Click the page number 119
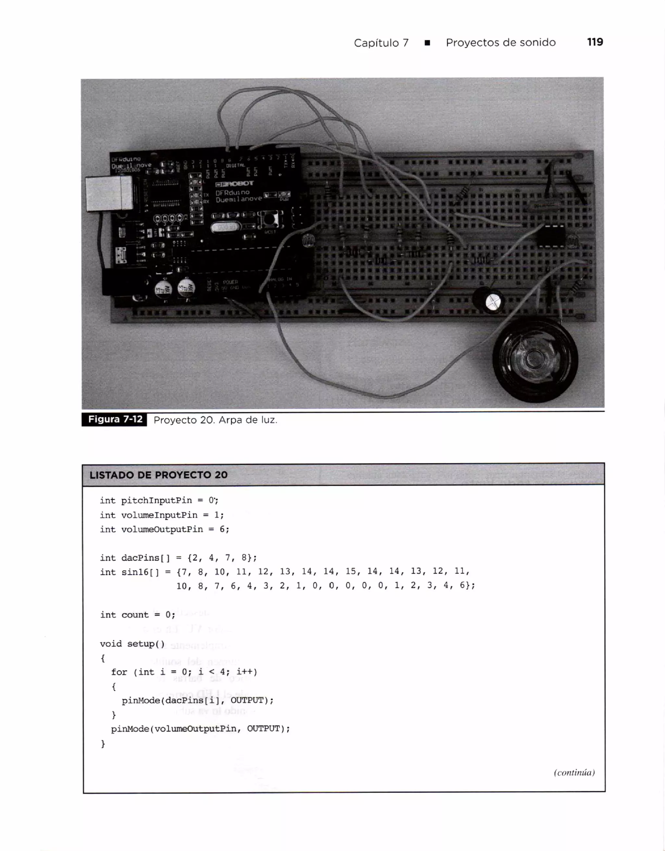click(x=595, y=42)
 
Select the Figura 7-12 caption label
click(x=115, y=419)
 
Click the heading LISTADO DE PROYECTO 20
click(x=158, y=475)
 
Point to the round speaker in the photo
click(x=535, y=359)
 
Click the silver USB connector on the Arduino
click(x=109, y=194)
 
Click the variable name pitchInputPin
click(x=156, y=500)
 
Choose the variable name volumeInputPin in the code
click(x=159, y=515)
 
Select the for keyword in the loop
click(x=119, y=672)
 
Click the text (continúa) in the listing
click(x=574, y=772)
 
